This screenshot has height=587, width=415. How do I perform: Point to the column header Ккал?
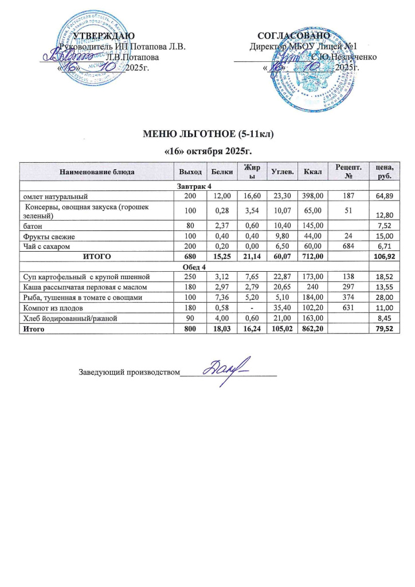tap(313, 171)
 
